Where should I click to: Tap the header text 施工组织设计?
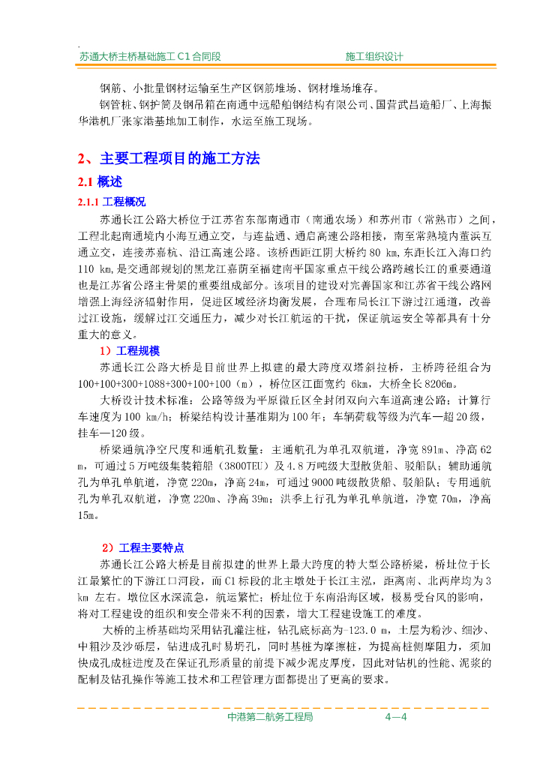point(374,56)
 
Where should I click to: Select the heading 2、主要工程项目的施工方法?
point(169,159)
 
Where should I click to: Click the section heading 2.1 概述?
point(100,182)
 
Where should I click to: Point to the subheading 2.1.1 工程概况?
point(112,202)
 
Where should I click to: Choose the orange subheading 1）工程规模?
point(130,351)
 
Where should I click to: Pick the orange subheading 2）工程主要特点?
point(142,547)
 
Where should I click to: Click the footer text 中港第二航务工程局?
point(269,717)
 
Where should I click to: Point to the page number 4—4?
point(395,717)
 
